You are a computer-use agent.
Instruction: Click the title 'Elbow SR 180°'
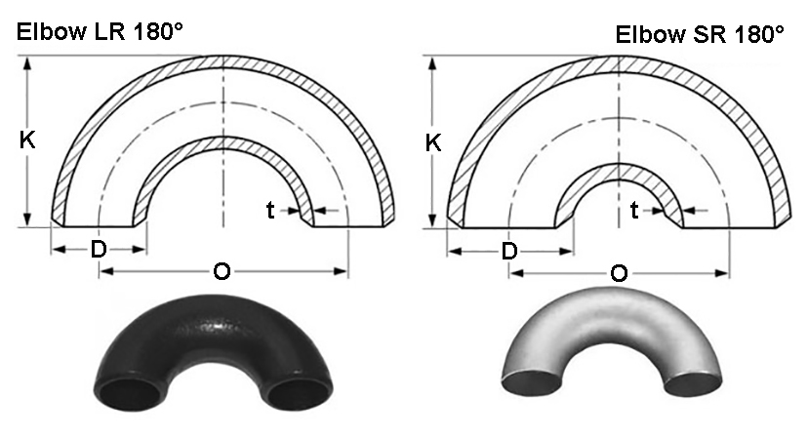700,35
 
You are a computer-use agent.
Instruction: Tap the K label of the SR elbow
433,142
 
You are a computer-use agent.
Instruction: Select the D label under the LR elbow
99,250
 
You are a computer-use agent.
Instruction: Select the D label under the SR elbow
509,252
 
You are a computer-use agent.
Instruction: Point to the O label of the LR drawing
222,271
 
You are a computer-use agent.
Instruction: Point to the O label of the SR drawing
619,273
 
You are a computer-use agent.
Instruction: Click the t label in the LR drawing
270,209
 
